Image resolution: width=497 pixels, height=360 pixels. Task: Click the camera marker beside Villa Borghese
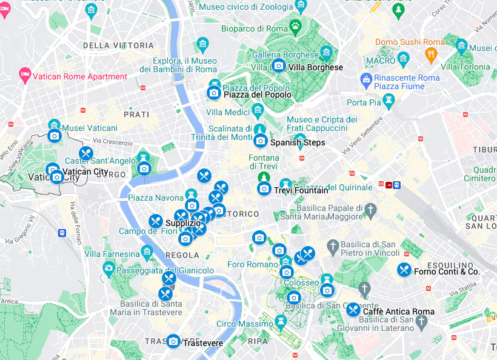pos(278,65)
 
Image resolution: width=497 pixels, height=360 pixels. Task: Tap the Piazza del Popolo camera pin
pos(213,93)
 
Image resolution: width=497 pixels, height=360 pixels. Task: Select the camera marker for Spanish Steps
pos(260,141)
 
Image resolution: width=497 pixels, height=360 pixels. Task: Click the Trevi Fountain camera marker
pos(264,188)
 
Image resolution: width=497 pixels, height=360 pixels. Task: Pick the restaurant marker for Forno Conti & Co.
pos(404,270)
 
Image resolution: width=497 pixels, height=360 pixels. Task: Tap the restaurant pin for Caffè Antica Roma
pos(353,310)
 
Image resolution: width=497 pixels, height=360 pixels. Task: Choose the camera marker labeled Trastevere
pos(173,342)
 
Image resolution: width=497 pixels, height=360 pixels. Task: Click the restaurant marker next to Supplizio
pos(156,222)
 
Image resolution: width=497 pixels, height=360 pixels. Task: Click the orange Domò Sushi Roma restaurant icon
pos(432,56)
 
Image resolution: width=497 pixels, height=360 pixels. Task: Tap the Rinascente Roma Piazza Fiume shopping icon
pos(366,79)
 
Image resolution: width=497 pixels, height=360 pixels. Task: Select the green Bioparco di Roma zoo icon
pos(295,26)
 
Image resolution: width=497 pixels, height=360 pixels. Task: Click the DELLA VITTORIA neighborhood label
pos(118,45)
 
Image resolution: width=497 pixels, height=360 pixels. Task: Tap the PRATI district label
pos(136,114)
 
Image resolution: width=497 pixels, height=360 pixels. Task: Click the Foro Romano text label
pos(252,264)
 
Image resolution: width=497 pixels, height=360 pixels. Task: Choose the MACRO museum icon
pos(403,59)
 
